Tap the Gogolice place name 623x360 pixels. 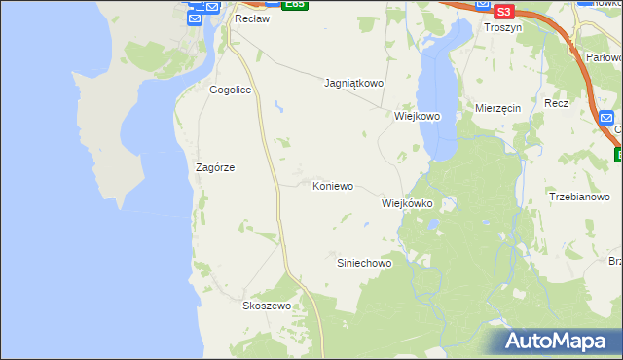(x=230, y=90)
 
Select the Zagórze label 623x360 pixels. (x=215, y=167)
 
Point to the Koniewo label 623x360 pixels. (x=332, y=185)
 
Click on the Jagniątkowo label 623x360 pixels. (x=353, y=84)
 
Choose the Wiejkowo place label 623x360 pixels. (x=418, y=116)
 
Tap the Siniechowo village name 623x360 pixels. (x=363, y=264)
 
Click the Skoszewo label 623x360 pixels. (x=267, y=306)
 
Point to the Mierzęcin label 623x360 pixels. (x=498, y=108)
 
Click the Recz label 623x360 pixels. (x=557, y=103)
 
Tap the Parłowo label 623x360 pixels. (x=605, y=57)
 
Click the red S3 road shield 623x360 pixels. (x=503, y=12)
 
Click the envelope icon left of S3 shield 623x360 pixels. (x=484, y=5)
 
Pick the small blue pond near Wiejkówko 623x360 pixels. (x=433, y=223)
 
